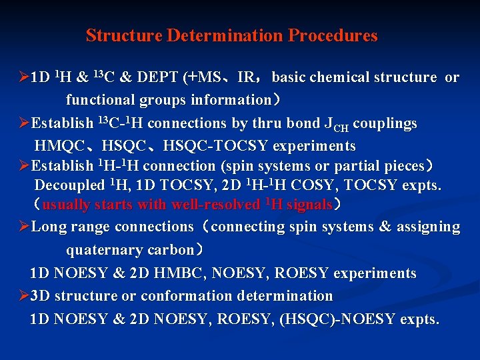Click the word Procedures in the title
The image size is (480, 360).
pyautogui.click(x=333, y=36)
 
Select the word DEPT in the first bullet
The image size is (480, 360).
pyautogui.click(x=157, y=77)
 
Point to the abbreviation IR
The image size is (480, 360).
pyautogui.click(x=245, y=77)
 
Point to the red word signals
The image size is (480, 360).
pyautogui.click(x=309, y=205)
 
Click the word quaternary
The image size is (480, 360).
pyautogui.click(x=100, y=250)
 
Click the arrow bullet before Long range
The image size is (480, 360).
pyautogui.click(x=25, y=227)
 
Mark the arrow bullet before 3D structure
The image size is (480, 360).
pyautogui.click(x=25, y=295)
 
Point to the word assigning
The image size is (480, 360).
pyautogui.click(x=428, y=227)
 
